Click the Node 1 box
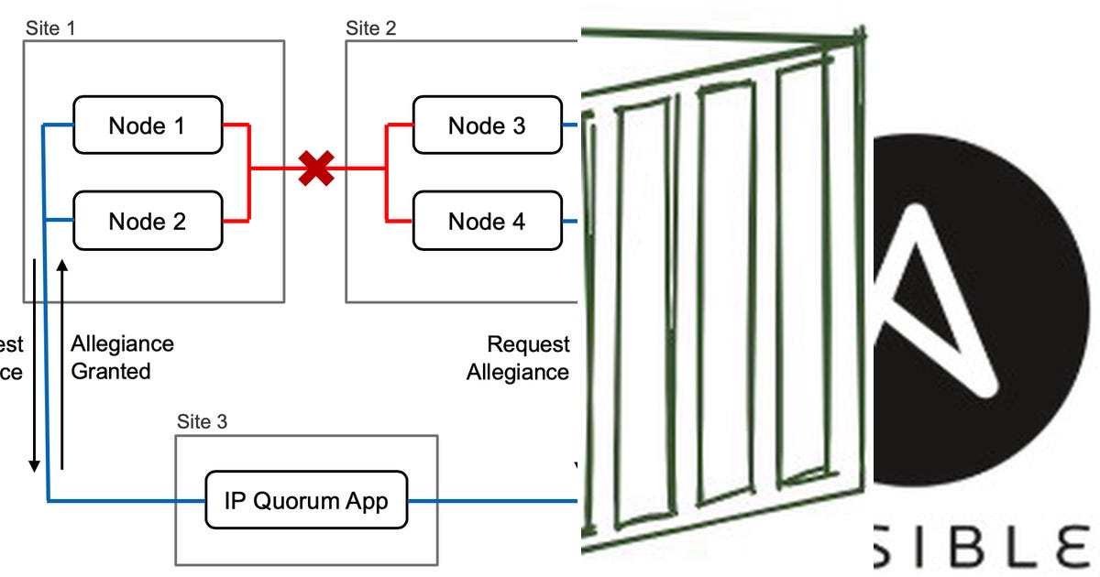pyautogui.click(x=147, y=125)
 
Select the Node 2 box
pyautogui.click(x=147, y=221)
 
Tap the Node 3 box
pyautogui.click(x=487, y=125)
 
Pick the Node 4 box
pyautogui.click(x=487, y=221)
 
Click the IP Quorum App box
pyautogui.click(x=306, y=500)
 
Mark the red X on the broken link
pyautogui.click(x=316, y=169)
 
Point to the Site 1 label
pyautogui.click(x=49, y=27)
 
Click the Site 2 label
pyautogui.click(x=371, y=27)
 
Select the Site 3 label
pyautogui.click(x=202, y=421)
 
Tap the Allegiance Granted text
pyautogui.click(x=122, y=357)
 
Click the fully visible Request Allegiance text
pyautogui.click(x=518, y=357)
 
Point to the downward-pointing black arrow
pyautogui.click(x=35, y=366)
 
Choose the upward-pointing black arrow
pyautogui.click(x=62, y=366)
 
